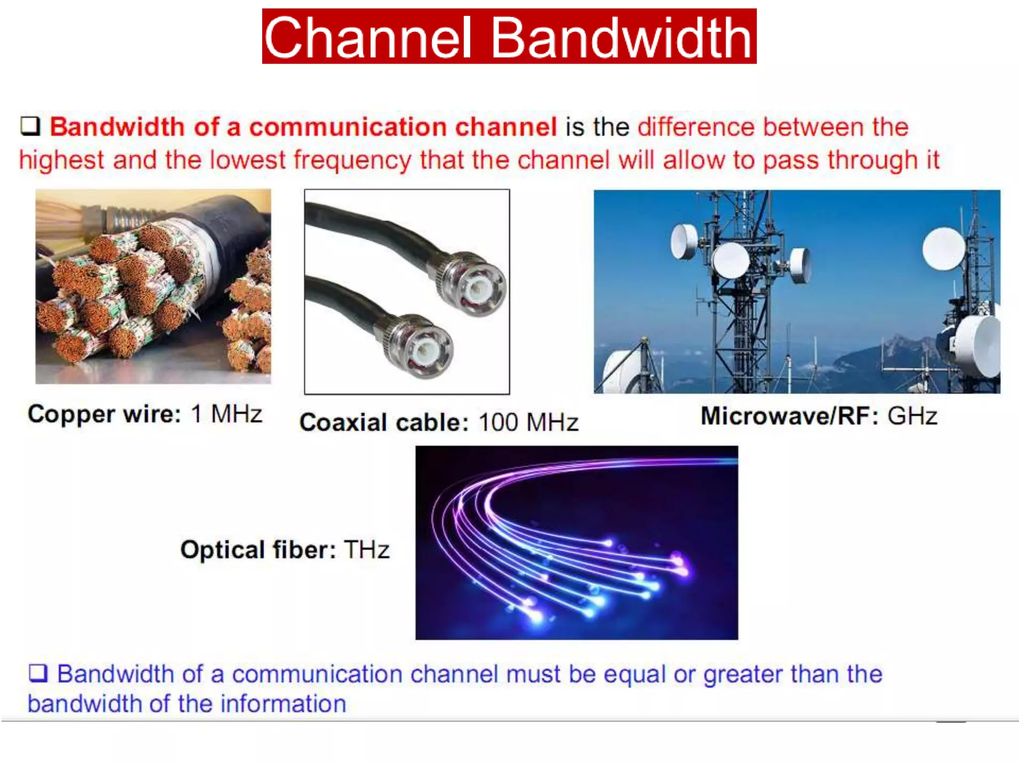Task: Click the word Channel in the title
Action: (x=367, y=38)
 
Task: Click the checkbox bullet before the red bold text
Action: (x=30, y=126)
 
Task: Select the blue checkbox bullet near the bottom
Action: (x=38, y=673)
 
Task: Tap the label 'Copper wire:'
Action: (x=104, y=414)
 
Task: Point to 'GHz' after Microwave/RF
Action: (x=913, y=416)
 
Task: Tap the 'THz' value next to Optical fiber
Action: (x=367, y=550)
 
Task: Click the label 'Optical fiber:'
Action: (x=258, y=550)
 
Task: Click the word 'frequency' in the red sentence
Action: (x=352, y=161)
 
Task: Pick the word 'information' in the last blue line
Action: (x=283, y=704)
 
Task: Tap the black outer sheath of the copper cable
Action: (x=234, y=224)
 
